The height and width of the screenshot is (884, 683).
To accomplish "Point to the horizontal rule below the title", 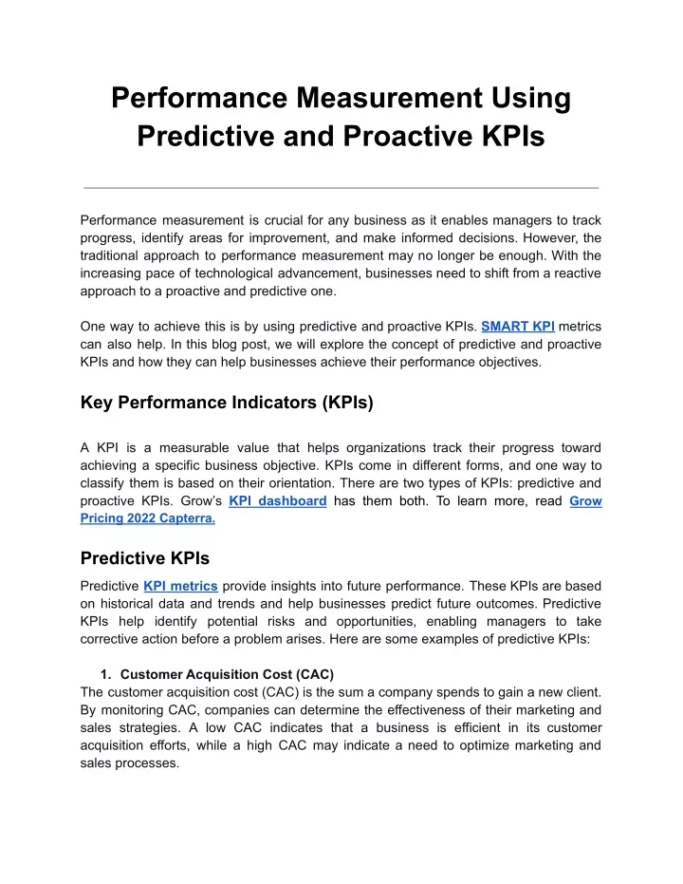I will point(341,188).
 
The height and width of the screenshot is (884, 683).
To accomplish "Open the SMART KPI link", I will point(518,326).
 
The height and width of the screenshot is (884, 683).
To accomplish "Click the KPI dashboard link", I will point(278,501).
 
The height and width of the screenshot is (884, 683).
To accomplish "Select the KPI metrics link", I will point(180,586).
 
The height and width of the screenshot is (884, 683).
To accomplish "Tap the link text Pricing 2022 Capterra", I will point(148,519).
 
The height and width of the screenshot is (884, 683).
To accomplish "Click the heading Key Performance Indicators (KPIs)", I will point(228,403).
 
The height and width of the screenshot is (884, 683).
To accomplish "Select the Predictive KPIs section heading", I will point(145,558).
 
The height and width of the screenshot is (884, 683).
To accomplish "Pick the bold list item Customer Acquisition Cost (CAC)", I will point(227,674).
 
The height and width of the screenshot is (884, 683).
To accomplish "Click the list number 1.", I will point(106,674).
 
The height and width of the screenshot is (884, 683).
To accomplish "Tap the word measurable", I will point(185,447).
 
